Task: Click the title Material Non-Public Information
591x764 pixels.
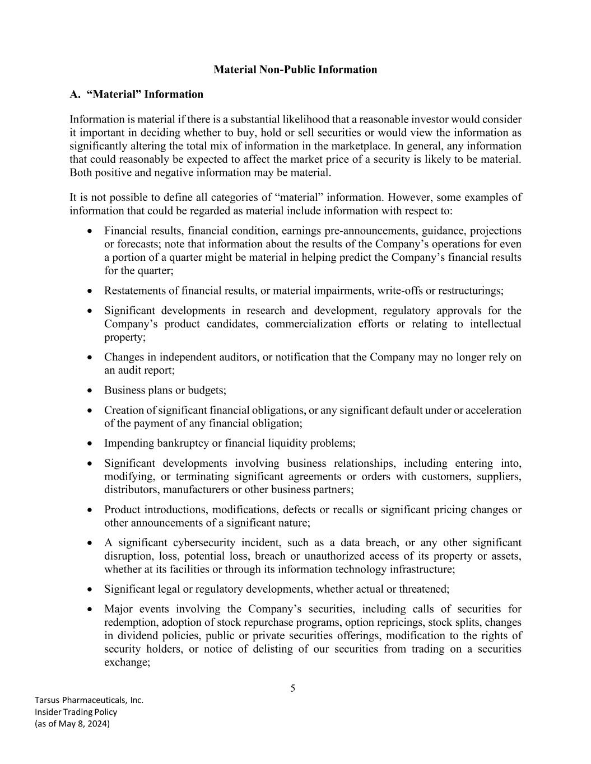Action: click(295, 69)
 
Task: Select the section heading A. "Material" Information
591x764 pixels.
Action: click(136, 94)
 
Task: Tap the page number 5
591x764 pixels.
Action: click(292, 688)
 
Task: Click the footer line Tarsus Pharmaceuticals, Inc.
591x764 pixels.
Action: click(89, 700)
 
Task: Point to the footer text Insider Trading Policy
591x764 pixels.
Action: click(76, 712)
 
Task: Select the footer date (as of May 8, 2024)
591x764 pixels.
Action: click(72, 724)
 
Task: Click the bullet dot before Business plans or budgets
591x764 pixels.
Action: click(90, 390)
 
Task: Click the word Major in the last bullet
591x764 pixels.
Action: click(117, 609)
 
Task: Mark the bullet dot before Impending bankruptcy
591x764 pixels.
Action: click(90, 443)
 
